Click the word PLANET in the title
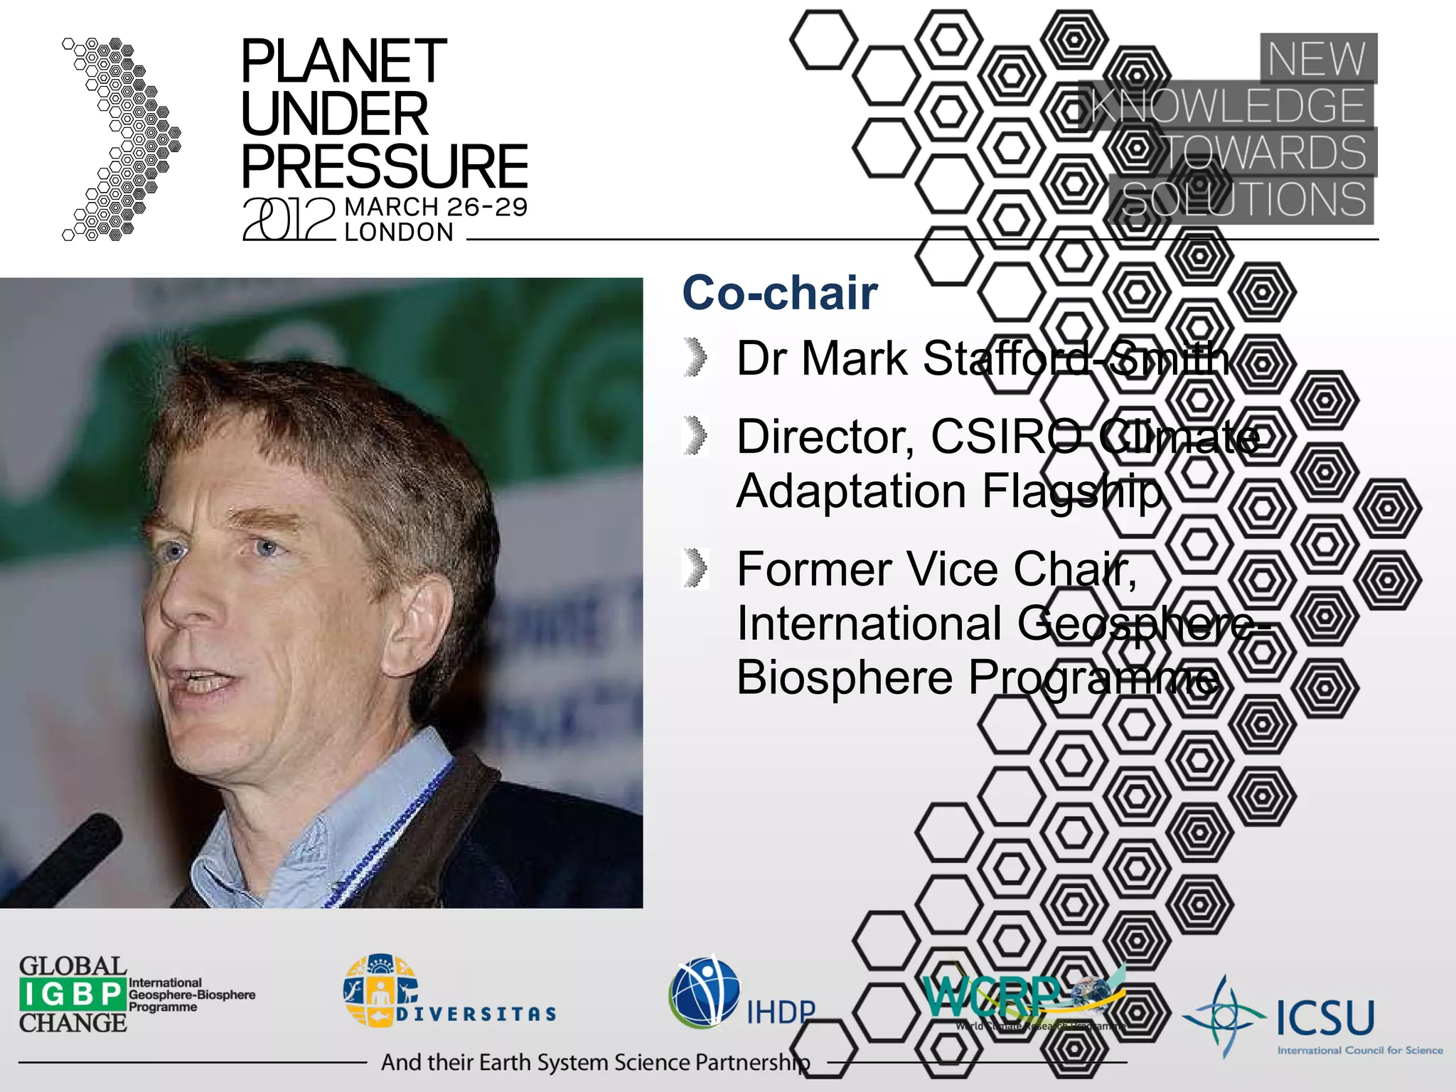pos(344,62)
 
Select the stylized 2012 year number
pos(289,219)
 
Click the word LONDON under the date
pos(399,232)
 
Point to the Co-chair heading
pos(780,293)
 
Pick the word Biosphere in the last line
pos(844,678)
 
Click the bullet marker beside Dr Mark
pos(696,357)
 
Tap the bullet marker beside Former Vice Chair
pos(696,568)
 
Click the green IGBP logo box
pos(73,994)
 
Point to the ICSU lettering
pos(1325,1017)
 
